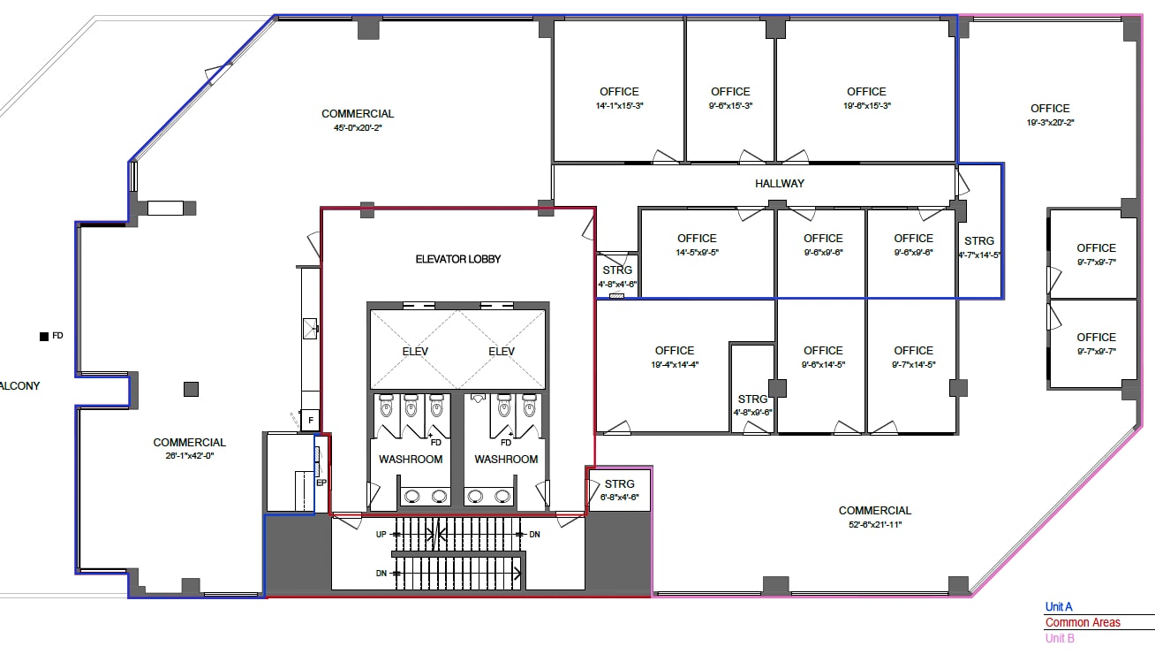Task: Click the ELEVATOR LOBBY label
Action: (x=457, y=259)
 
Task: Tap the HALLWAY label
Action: (x=780, y=184)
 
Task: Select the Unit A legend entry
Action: (x=1058, y=607)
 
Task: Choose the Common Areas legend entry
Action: (x=1082, y=622)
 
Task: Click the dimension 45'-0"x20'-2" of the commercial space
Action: (x=358, y=127)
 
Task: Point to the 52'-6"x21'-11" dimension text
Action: (x=874, y=524)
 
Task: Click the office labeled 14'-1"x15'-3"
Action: (x=618, y=98)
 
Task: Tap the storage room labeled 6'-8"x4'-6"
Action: (x=619, y=490)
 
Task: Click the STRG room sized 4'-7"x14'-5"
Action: (x=979, y=247)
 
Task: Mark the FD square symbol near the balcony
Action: (x=42, y=336)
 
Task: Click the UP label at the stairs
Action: (x=381, y=535)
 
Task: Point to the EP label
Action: (x=321, y=483)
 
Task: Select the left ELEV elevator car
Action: (x=414, y=351)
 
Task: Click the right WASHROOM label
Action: (x=506, y=459)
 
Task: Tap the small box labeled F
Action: (x=310, y=420)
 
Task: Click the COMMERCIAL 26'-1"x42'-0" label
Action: (x=189, y=449)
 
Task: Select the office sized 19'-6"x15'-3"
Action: (x=866, y=98)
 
